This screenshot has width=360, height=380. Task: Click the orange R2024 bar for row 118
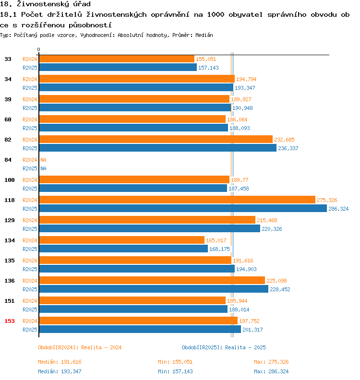point(177,200)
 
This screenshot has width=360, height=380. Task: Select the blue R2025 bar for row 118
point(182,208)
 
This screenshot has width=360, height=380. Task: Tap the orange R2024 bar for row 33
point(116,59)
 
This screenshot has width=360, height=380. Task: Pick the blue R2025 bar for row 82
point(157,148)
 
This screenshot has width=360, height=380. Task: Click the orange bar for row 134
point(121,240)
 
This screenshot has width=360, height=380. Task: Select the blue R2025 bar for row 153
point(140,329)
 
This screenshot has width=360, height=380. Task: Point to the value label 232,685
point(284,140)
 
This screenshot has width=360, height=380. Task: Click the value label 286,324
point(338,209)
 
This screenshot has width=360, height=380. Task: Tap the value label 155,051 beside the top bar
point(205,59)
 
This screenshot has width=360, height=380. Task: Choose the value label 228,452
point(280,289)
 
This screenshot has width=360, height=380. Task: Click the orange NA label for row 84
point(43,160)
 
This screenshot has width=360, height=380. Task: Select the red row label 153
point(9,321)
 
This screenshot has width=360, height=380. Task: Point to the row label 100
point(9,180)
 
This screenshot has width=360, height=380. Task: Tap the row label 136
point(9,281)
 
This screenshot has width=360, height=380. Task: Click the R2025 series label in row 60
point(30,128)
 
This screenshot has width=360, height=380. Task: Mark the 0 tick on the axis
point(39,50)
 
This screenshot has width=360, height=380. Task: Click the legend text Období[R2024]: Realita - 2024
point(79,347)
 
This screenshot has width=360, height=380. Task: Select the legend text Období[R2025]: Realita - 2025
point(224,347)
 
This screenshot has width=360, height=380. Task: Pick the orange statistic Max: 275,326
point(271,362)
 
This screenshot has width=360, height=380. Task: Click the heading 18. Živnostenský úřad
point(46,4)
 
